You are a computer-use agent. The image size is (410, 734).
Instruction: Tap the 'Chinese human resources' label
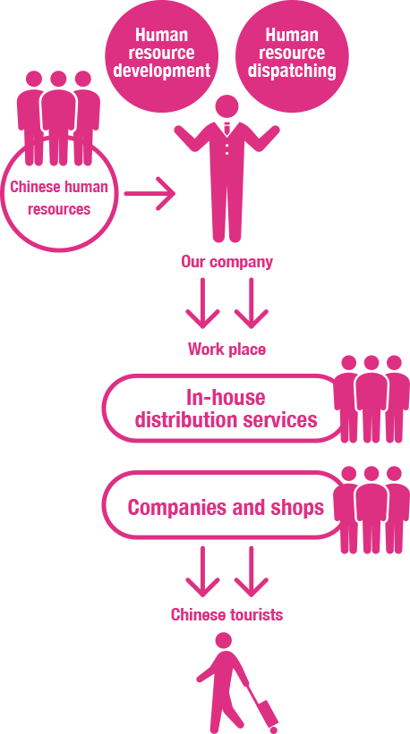(59, 198)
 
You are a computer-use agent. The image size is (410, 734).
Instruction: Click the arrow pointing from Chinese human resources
(149, 193)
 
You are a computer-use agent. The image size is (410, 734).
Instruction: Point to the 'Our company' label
(226, 262)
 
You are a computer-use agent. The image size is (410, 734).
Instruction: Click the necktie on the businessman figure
(227, 128)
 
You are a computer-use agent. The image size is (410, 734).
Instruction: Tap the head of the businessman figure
(227, 106)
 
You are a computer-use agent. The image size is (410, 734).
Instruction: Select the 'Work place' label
(226, 350)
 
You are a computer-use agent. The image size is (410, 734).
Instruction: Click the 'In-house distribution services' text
(226, 409)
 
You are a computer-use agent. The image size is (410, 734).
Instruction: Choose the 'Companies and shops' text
(226, 507)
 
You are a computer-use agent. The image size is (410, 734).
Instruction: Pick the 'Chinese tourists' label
(226, 614)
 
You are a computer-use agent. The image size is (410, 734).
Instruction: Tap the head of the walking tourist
(224, 640)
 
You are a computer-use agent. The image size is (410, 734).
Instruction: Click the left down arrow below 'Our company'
(202, 303)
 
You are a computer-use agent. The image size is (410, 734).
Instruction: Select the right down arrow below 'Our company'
(252, 303)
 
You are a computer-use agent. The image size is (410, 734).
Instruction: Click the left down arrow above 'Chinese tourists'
(202, 571)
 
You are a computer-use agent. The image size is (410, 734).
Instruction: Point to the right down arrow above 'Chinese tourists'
(252, 571)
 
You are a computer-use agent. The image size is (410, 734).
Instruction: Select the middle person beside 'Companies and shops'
(372, 510)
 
